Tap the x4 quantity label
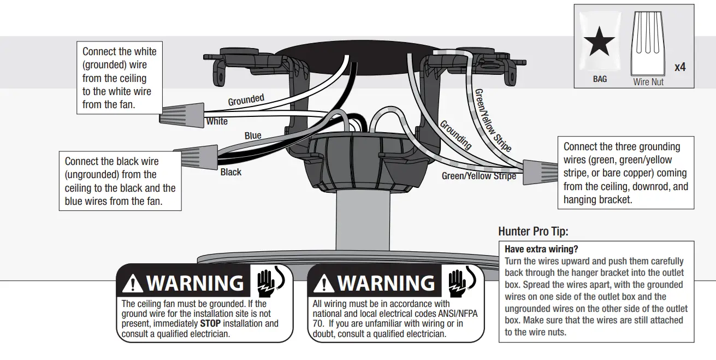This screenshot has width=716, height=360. [x=680, y=67]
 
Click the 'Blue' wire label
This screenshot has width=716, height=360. [x=253, y=135]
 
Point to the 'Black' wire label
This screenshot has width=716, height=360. [x=230, y=172]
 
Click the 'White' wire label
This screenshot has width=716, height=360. [x=217, y=121]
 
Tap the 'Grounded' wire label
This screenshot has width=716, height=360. [x=246, y=101]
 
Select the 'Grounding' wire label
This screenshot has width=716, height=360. [x=455, y=134]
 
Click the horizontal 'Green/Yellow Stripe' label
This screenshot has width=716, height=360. [x=478, y=176]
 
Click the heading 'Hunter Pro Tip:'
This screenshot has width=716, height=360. [x=533, y=232]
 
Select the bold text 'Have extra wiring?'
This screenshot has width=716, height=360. [x=541, y=250]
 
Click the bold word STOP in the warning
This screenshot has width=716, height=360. [x=210, y=323]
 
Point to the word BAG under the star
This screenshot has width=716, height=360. [x=600, y=79]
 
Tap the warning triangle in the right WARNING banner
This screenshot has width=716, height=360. [x=324, y=284]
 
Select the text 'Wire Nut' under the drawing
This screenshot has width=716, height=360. [x=649, y=82]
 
